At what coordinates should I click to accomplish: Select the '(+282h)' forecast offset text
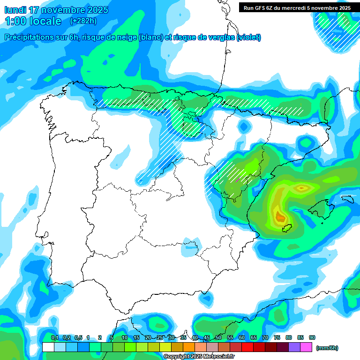pos(83,21)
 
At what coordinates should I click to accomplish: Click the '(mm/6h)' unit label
pos(327,348)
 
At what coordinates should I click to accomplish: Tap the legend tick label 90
pos(312,337)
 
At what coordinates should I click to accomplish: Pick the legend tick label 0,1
pos(54,337)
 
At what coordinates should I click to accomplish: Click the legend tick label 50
pos(218,337)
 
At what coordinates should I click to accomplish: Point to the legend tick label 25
pos(160,337)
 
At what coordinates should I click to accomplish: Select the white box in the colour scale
pos(48,347)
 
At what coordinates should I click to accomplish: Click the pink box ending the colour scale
pos(306,347)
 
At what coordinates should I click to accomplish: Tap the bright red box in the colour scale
pos(247,347)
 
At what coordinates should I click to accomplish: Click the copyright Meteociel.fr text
pos(199,356)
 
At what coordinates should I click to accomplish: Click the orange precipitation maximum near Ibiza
pos(280,217)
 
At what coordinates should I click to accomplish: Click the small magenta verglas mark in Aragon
pos(238,179)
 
